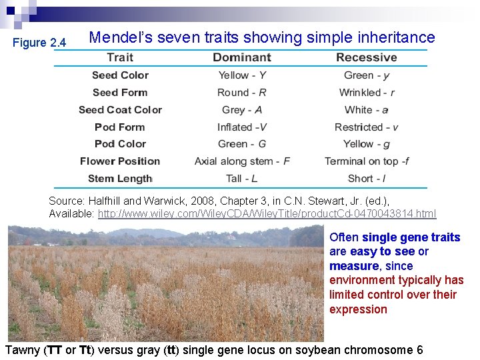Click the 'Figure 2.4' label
(40, 43)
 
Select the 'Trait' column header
(120, 58)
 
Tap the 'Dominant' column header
(242, 58)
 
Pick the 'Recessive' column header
(366, 58)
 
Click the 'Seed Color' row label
(120, 75)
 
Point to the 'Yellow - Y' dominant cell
(242, 75)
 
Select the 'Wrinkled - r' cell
(367, 93)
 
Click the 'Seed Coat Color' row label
(120, 110)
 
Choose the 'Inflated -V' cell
(242, 127)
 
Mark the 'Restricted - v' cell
(366, 127)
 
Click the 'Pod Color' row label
(120, 144)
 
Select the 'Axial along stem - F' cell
(242, 161)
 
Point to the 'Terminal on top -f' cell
(367, 161)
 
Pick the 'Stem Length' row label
(120, 179)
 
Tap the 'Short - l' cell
(367, 179)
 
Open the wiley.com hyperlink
(267, 214)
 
